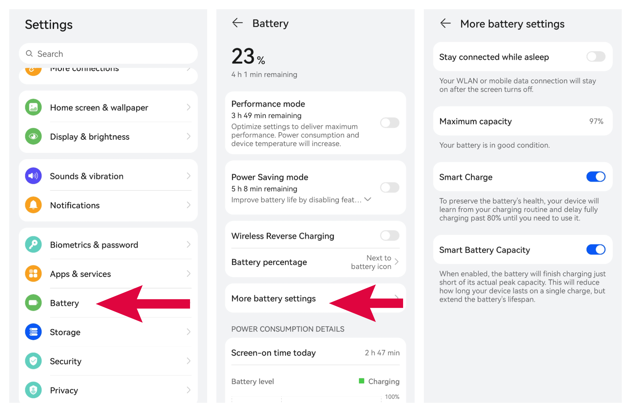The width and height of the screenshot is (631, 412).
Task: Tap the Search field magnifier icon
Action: (29, 53)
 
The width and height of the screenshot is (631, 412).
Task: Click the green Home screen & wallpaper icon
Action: (33, 107)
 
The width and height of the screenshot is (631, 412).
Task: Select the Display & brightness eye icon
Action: (33, 136)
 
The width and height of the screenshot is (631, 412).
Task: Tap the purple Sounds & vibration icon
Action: (33, 176)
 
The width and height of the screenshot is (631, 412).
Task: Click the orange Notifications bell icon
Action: (33, 205)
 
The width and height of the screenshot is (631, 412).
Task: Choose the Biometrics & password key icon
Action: (33, 245)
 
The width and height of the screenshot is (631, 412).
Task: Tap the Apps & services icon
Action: (33, 274)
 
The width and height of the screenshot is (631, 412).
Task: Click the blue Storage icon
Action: (33, 332)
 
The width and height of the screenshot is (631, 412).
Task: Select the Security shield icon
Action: (33, 361)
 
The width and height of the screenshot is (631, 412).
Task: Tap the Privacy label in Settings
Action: (64, 390)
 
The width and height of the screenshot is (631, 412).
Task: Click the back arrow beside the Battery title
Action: (237, 23)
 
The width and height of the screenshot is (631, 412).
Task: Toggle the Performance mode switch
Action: (390, 123)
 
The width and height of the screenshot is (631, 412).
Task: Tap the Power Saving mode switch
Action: (390, 188)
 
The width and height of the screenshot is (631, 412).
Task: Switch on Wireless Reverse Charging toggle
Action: (390, 236)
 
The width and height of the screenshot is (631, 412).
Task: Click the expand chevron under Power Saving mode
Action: (368, 199)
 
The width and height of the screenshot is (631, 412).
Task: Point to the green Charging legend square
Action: (361, 381)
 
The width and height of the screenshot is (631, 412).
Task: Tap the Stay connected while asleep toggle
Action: (595, 57)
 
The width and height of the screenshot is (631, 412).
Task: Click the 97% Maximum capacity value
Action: (596, 121)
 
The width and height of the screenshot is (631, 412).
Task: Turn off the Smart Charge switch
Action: (595, 177)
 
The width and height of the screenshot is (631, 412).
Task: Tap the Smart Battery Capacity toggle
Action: (595, 250)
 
